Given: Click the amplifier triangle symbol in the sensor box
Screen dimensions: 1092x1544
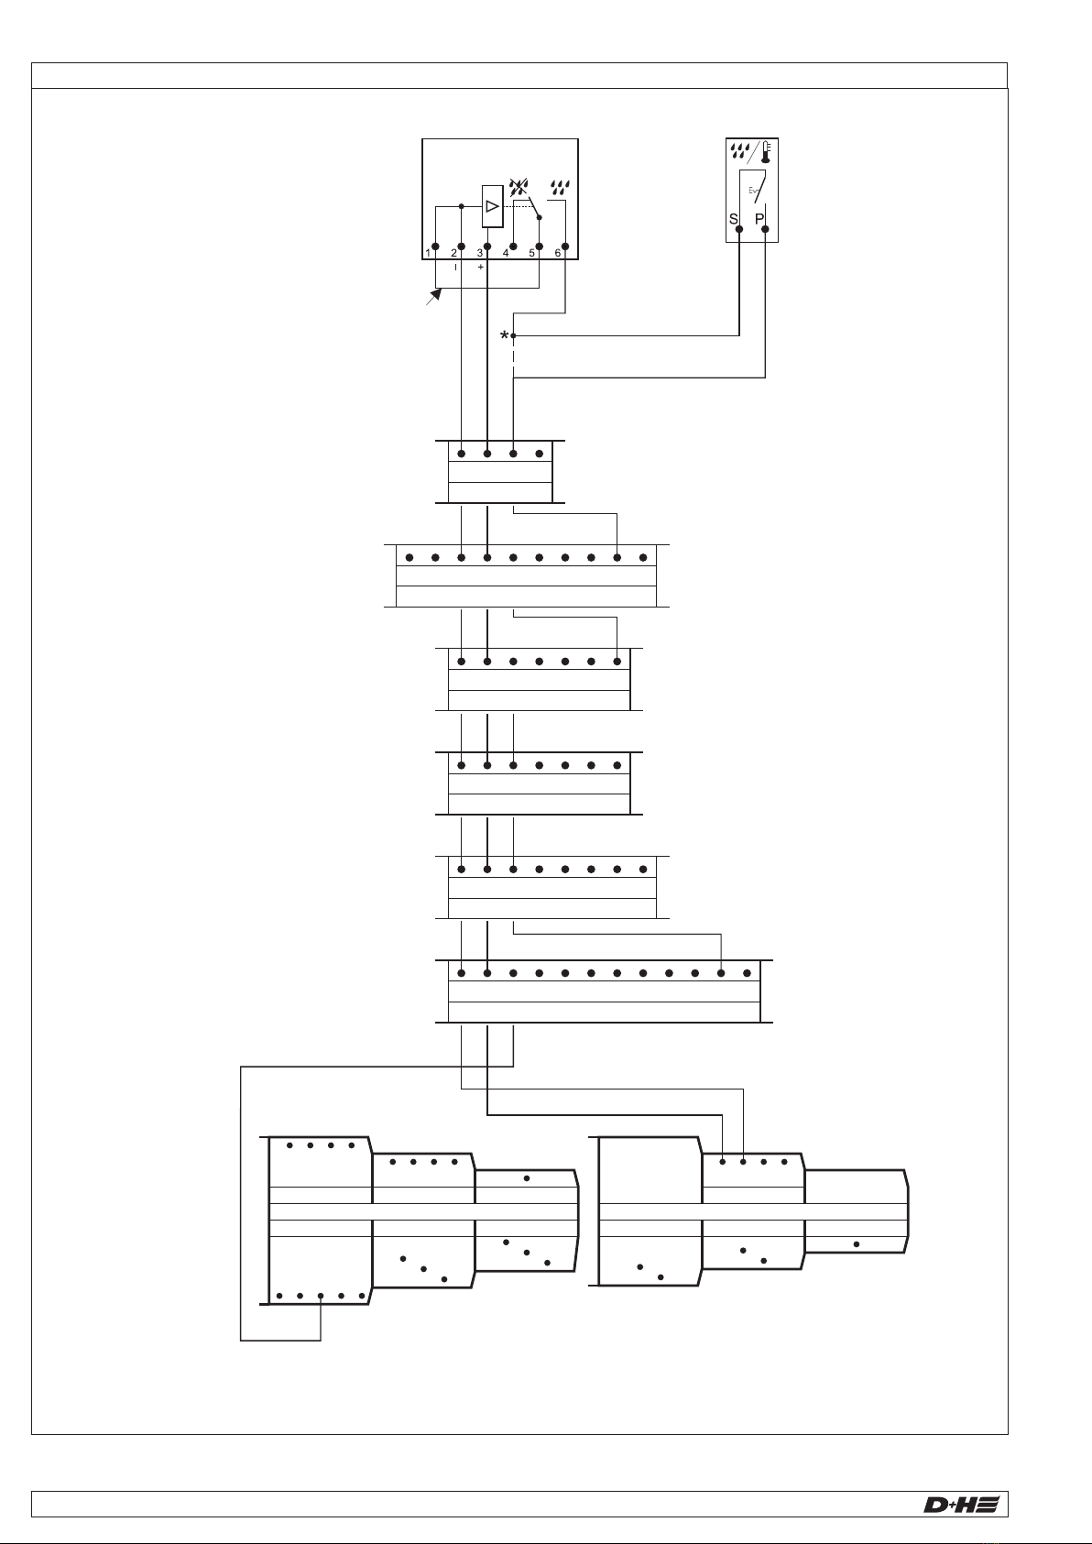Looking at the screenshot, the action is (x=492, y=206).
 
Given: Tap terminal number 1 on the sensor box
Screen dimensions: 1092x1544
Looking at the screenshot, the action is (x=428, y=253).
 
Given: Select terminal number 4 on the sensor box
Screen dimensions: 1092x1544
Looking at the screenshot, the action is (x=506, y=253).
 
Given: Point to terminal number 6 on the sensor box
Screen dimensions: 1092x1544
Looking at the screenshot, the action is (x=558, y=253).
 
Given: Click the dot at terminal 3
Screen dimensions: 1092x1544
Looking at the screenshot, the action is (x=487, y=246).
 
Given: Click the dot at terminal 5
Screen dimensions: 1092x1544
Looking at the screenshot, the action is (x=540, y=246).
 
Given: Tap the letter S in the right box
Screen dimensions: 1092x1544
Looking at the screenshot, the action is (x=734, y=220).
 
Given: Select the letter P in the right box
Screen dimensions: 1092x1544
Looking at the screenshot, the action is (x=759, y=220).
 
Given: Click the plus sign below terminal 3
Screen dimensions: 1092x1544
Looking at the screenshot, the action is (x=481, y=268).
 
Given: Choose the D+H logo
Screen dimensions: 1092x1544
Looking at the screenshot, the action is (x=960, y=1505).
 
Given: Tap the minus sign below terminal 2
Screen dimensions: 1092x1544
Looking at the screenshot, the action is (x=455, y=268).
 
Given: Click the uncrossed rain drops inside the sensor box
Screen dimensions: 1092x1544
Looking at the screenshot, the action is (x=559, y=190).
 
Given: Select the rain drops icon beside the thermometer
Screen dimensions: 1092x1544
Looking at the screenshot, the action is (x=739, y=150).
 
